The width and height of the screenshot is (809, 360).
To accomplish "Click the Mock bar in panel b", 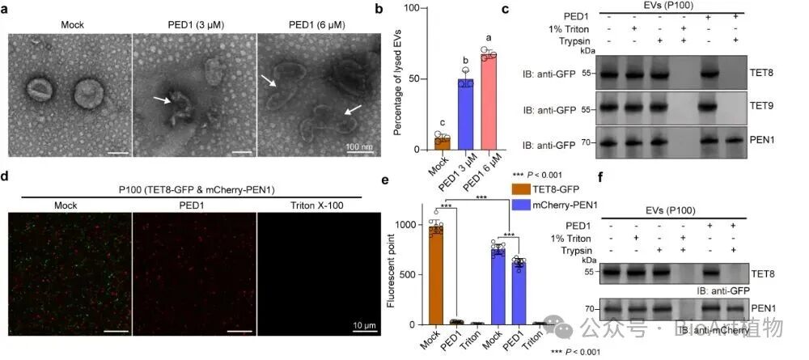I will (x=443, y=143).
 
